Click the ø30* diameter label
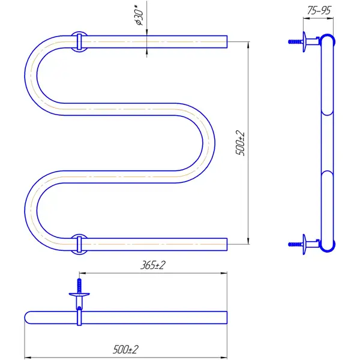[x=139, y=17]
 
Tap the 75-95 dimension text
[x=319, y=11]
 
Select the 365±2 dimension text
[x=152, y=265]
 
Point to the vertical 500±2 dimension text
[x=241, y=143]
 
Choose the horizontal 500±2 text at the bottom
[x=125, y=349]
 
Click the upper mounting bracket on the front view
[x=79, y=41]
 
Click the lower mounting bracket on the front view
[x=79, y=245]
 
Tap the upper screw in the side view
[x=295, y=41]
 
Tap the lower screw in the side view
[x=295, y=244]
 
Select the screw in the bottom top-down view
[x=79, y=286]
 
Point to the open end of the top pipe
[x=227, y=42]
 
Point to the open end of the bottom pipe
[x=227, y=244]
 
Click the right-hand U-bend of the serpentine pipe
[x=208, y=143]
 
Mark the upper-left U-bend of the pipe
[x=31, y=76]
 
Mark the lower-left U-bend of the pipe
[x=31, y=211]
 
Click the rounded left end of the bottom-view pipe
[x=28, y=317]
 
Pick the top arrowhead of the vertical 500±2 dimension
[x=248, y=44]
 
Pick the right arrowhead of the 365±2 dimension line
[x=224, y=273]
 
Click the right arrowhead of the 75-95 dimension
[x=330, y=19]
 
